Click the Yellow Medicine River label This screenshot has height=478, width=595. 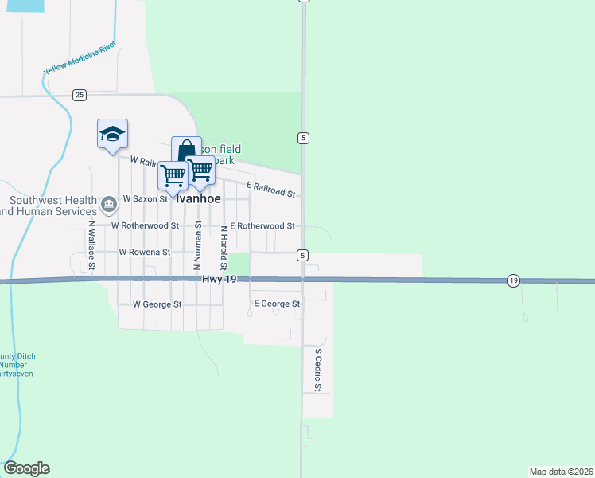pyautogui.click(x=80, y=57)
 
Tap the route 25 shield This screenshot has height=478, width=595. pyautogui.click(x=79, y=95)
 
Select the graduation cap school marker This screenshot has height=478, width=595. pyautogui.click(x=112, y=134)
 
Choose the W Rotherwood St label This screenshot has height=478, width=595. pyautogui.click(x=145, y=225)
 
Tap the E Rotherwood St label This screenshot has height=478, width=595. pyautogui.click(x=262, y=225)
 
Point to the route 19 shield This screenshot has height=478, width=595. pyautogui.click(x=514, y=280)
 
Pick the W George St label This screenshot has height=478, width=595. pyautogui.click(x=157, y=304)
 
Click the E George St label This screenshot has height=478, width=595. pyautogui.click(x=276, y=304)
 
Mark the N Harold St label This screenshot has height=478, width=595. pyautogui.click(x=224, y=247)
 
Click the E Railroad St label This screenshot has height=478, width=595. pyautogui.click(x=270, y=189)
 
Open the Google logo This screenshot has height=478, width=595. pyautogui.click(x=26, y=468)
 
